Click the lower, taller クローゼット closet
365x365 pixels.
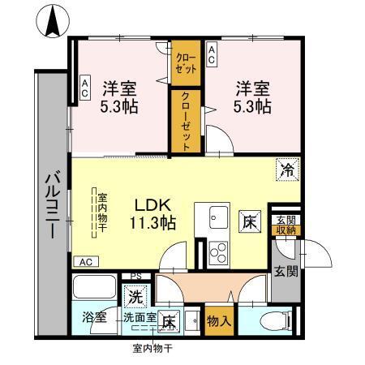click(185, 121)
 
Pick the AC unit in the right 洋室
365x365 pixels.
click(212, 56)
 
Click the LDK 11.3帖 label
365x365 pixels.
click(152, 213)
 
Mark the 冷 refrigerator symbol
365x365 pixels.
click(288, 170)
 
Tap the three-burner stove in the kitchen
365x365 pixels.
click(218, 249)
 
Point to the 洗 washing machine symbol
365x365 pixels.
click(135, 297)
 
